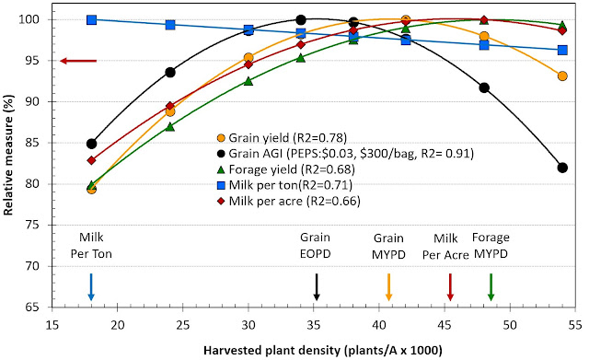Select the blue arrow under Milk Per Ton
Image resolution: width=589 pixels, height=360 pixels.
point(91,286)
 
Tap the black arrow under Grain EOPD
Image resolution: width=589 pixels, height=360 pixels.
point(317,286)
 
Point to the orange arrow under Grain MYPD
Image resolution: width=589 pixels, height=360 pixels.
point(389,286)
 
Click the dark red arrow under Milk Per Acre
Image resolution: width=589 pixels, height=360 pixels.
point(450,286)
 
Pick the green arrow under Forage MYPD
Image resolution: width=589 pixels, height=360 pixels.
point(491,286)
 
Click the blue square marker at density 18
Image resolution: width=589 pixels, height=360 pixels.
point(92,19)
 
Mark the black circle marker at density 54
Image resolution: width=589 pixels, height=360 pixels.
point(562,168)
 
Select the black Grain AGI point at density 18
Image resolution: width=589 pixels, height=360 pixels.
point(92,144)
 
